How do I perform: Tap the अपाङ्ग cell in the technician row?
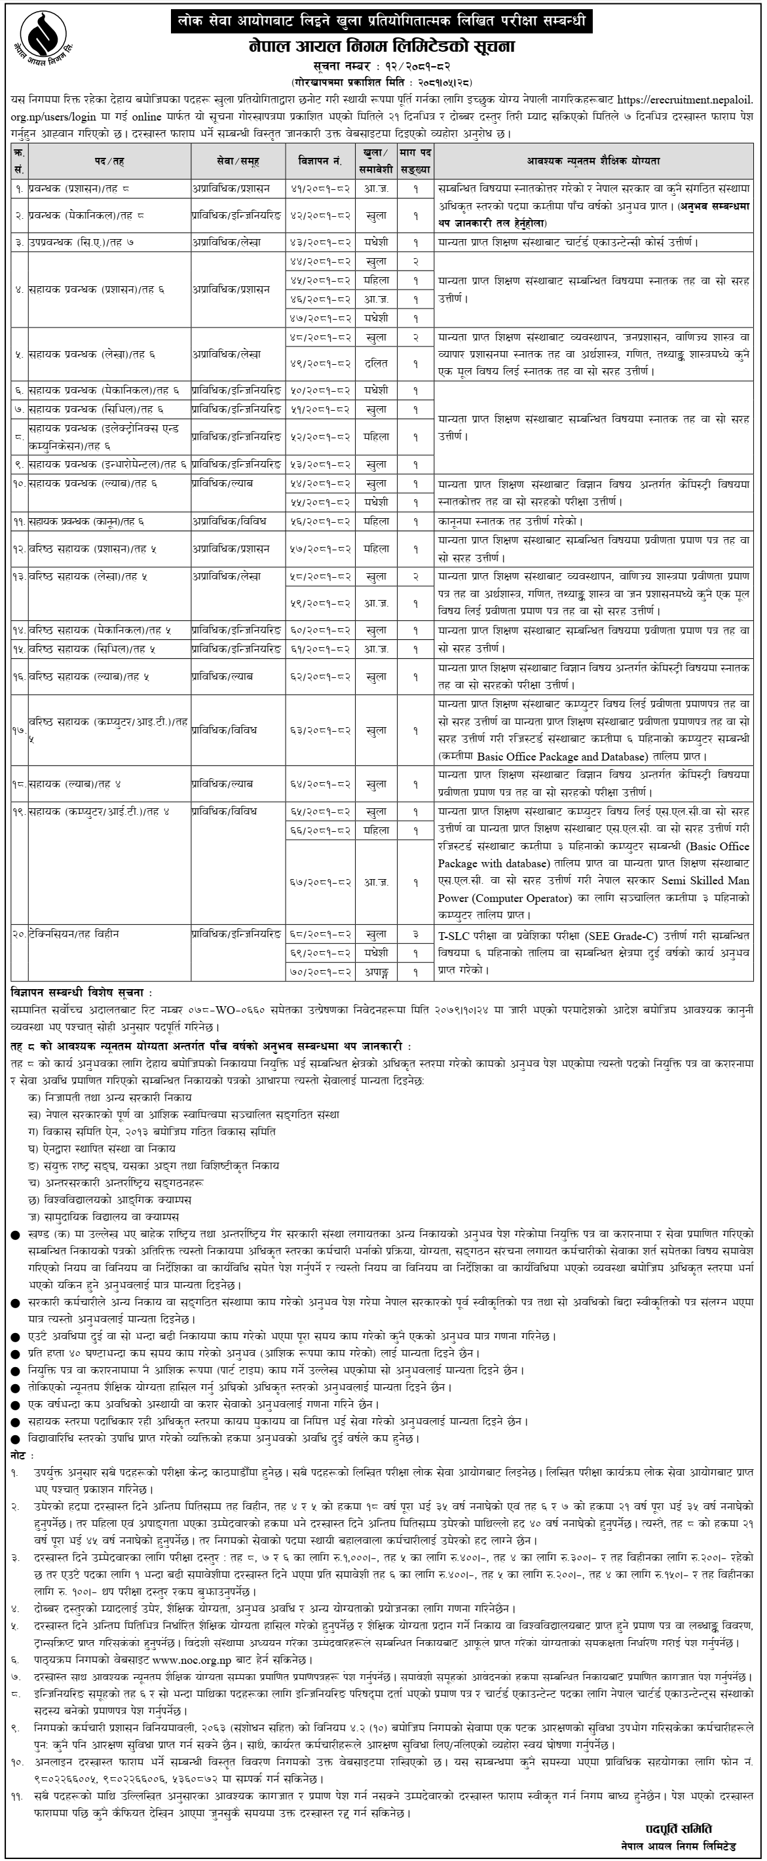pyautogui.click(x=376, y=971)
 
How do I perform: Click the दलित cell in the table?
pyautogui.click(x=376, y=364)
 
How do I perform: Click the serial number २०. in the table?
pyautogui.click(x=19, y=934)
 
